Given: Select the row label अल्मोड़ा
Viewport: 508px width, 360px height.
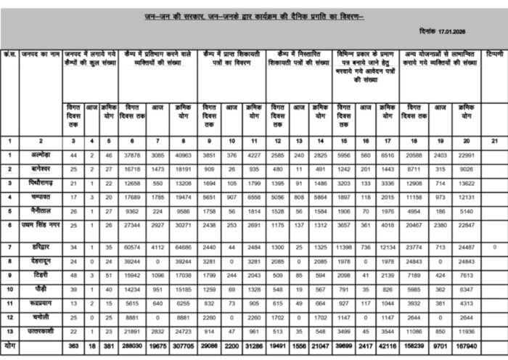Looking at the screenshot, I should [40, 155].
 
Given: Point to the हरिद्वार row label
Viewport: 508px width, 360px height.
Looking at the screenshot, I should [38, 247].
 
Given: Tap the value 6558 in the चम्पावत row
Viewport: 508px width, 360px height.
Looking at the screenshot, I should [256, 196].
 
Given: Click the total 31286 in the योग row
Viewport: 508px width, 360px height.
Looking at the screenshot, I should [256, 347].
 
